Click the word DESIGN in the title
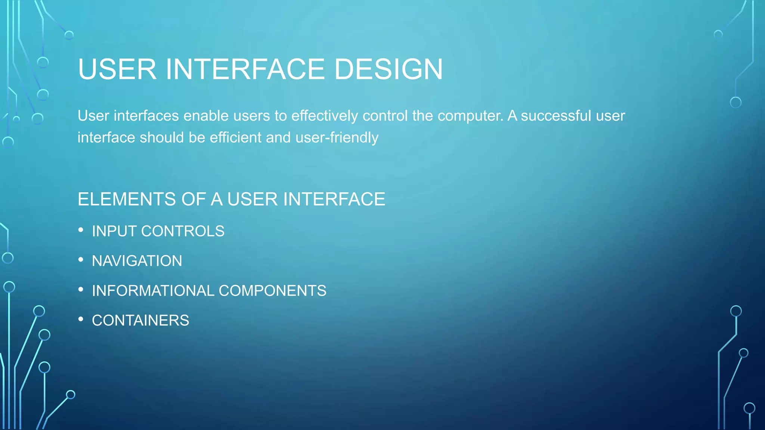[388, 69]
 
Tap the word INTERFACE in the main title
[245, 69]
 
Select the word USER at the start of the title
[117, 69]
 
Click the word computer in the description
[470, 116]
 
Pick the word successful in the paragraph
[556, 116]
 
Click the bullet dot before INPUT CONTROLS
[81, 230]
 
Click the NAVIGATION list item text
[137, 261]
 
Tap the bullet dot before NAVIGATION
[81, 260]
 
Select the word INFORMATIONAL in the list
[153, 291]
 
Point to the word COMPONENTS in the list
[272, 291]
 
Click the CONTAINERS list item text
[140, 321]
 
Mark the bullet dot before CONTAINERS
[81, 320]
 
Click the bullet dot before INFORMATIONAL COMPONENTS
[81, 290]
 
